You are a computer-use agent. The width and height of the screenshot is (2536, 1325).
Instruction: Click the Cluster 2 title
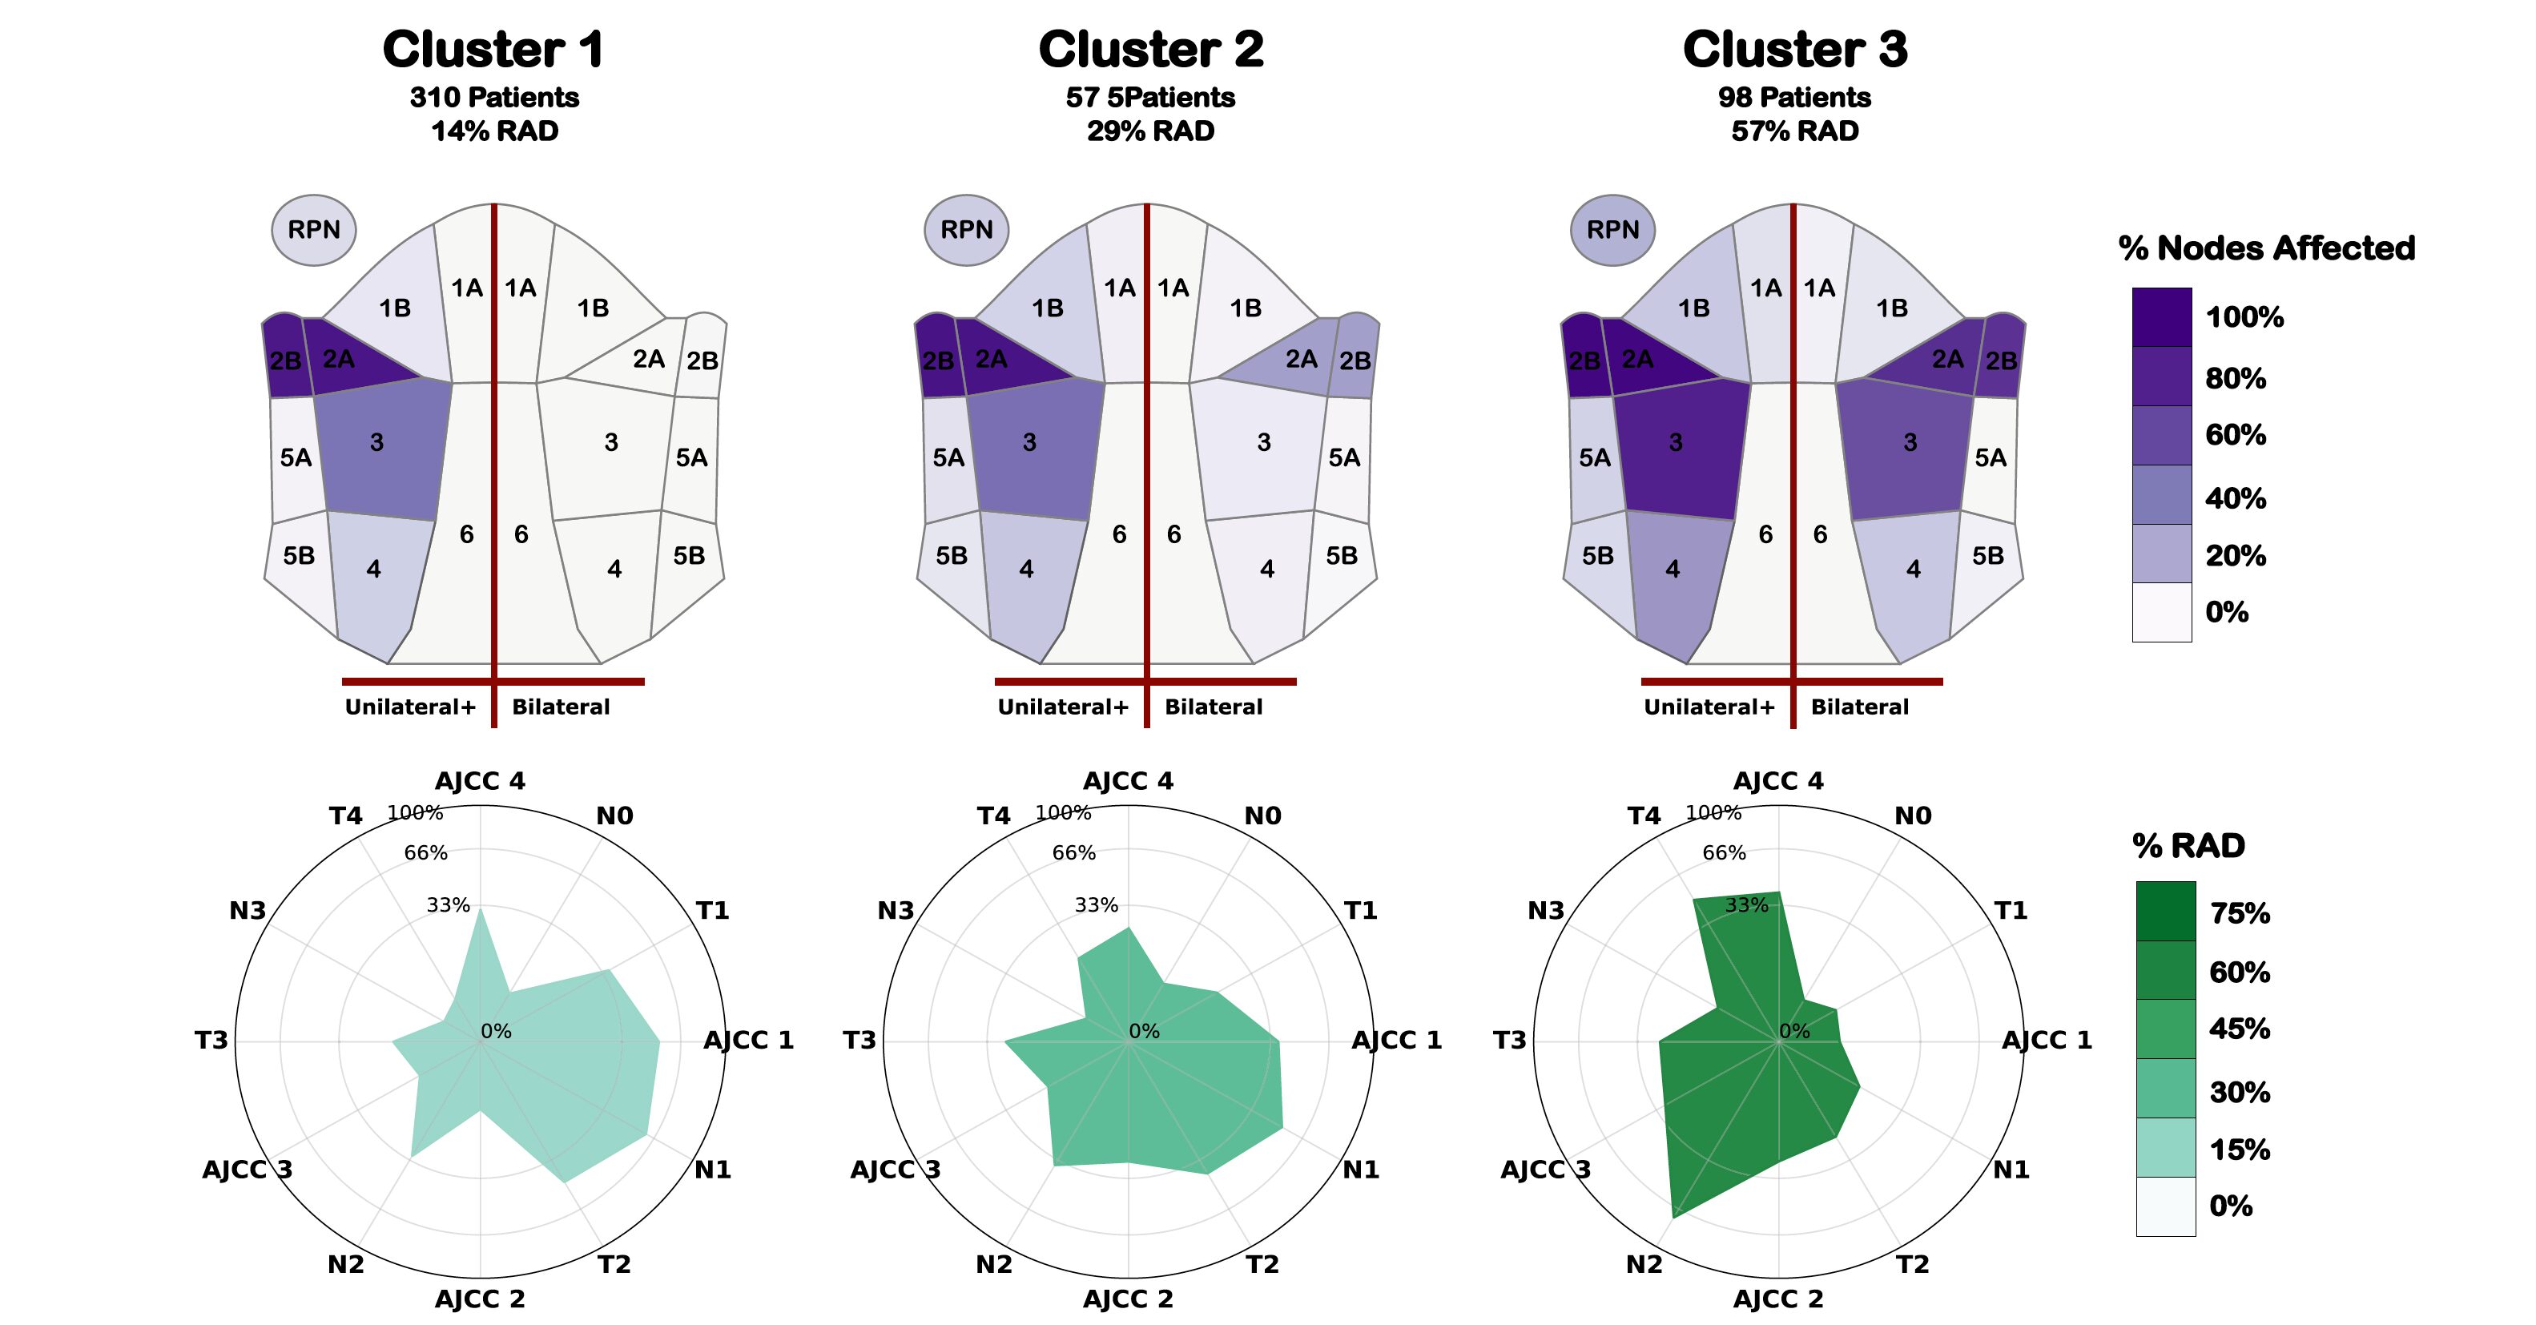tap(1151, 49)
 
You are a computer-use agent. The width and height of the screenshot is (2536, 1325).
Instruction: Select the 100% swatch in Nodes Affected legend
tap(2162, 317)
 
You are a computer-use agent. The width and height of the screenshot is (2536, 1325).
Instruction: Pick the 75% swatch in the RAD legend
tap(2165, 911)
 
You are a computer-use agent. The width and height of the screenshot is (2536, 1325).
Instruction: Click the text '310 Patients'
tap(494, 98)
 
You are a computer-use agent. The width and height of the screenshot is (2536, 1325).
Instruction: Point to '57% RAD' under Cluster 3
tap(1795, 131)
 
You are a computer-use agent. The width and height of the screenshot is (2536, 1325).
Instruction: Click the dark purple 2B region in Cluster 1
tap(284, 356)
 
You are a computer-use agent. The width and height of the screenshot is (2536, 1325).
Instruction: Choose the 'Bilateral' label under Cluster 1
tap(560, 707)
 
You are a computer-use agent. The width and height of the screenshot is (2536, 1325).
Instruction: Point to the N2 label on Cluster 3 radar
tap(1644, 1264)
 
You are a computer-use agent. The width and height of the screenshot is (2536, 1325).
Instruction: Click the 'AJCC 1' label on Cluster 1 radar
tap(748, 1040)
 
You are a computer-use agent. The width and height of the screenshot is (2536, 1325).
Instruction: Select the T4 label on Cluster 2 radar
tap(993, 816)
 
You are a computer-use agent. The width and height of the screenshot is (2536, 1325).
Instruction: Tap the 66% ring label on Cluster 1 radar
tap(425, 852)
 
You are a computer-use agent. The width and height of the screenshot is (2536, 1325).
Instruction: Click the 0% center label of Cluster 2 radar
tap(1144, 1031)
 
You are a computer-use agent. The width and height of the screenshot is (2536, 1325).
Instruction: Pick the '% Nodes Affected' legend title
tap(2266, 248)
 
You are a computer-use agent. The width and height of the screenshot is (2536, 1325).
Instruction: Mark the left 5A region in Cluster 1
tap(296, 457)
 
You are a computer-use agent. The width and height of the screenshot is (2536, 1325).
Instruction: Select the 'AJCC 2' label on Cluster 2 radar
tap(1128, 1299)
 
